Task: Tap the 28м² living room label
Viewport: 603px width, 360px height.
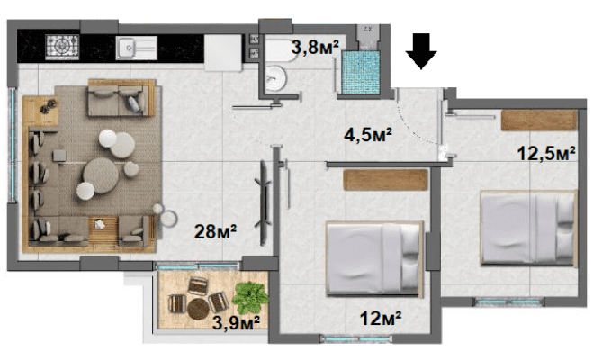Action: click(x=215, y=231)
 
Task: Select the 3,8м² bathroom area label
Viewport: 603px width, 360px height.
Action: click(x=315, y=48)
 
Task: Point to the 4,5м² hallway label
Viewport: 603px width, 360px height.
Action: click(x=368, y=135)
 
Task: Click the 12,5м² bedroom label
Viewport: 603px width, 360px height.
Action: click(x=546, y=154)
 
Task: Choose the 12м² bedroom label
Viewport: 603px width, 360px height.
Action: click(x=381, y=319)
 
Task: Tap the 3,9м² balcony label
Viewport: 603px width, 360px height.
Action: click(x=236, y=323)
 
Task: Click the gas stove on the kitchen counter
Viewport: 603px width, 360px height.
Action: click(x=62, y=47)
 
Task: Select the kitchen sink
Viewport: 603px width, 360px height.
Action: click(x=137, y=48)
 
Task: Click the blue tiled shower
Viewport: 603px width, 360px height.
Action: click(x=361, y=73)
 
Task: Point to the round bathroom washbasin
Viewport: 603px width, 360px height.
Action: click(x=275, y=78)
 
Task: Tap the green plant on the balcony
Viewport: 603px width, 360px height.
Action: click(x=251, y=297)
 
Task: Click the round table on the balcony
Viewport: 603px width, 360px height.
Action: click(x=198, y=309)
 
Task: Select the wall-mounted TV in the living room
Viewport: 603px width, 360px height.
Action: click(x=265, y=203)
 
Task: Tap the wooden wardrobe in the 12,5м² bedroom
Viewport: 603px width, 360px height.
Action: click(x=539, y=121)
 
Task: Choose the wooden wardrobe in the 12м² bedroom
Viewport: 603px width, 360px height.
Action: click(x=385, y=180)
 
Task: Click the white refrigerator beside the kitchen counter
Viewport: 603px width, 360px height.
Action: click(x=223, y=53)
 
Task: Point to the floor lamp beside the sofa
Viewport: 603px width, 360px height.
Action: click(x=168, y=218)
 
